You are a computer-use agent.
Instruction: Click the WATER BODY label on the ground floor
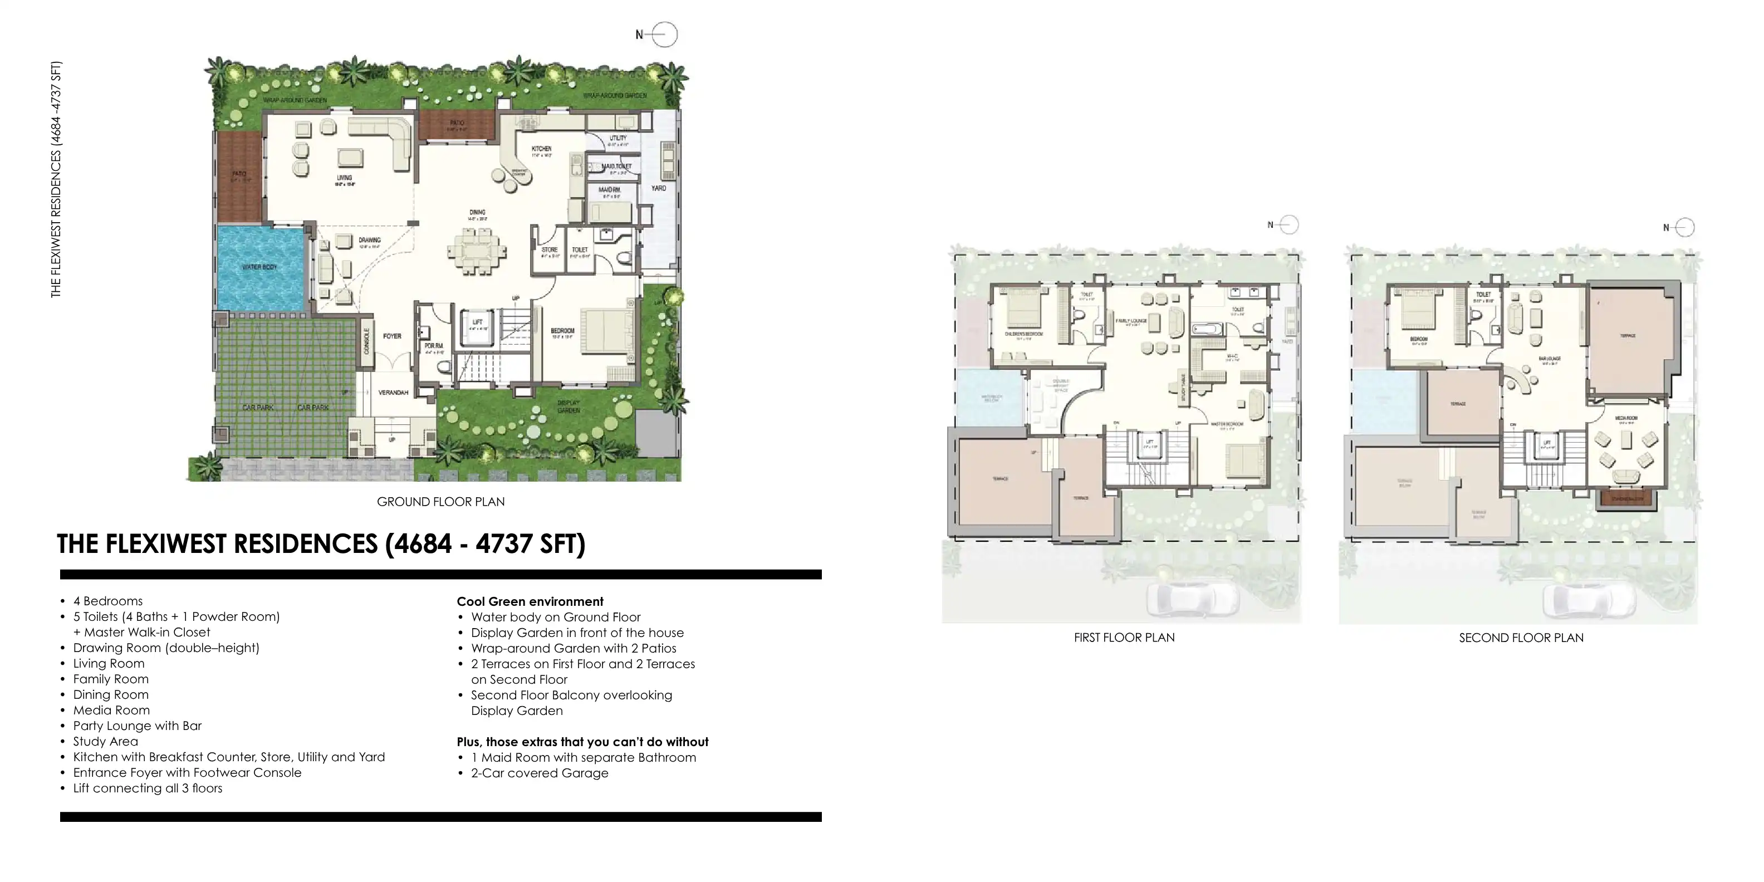tap(259, 267)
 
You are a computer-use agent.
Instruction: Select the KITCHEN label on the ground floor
tap(542, 149)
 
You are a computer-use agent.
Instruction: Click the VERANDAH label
tap(393, 393)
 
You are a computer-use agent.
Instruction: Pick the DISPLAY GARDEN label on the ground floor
tap(569, 407)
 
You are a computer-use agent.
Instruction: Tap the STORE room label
tap(549, 250)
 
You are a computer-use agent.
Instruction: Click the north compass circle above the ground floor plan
tap(664, 34)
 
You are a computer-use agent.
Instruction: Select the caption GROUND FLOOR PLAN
tap(440, 502)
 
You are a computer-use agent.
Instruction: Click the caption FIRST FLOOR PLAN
tap(1124, 638)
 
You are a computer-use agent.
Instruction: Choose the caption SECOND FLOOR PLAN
tap(1521, 638)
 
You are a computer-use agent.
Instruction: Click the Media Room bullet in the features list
tap(111, 710)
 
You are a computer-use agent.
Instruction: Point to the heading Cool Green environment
tap(530, 602)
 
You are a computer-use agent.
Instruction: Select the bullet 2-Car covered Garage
tap(540, 773)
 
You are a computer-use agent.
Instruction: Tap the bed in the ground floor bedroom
tap(606, 331)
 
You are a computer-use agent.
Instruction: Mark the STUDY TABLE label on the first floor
tap(1183, 387)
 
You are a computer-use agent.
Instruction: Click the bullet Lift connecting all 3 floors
tap(148, 788)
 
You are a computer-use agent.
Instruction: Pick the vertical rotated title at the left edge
tap(56, 179)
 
